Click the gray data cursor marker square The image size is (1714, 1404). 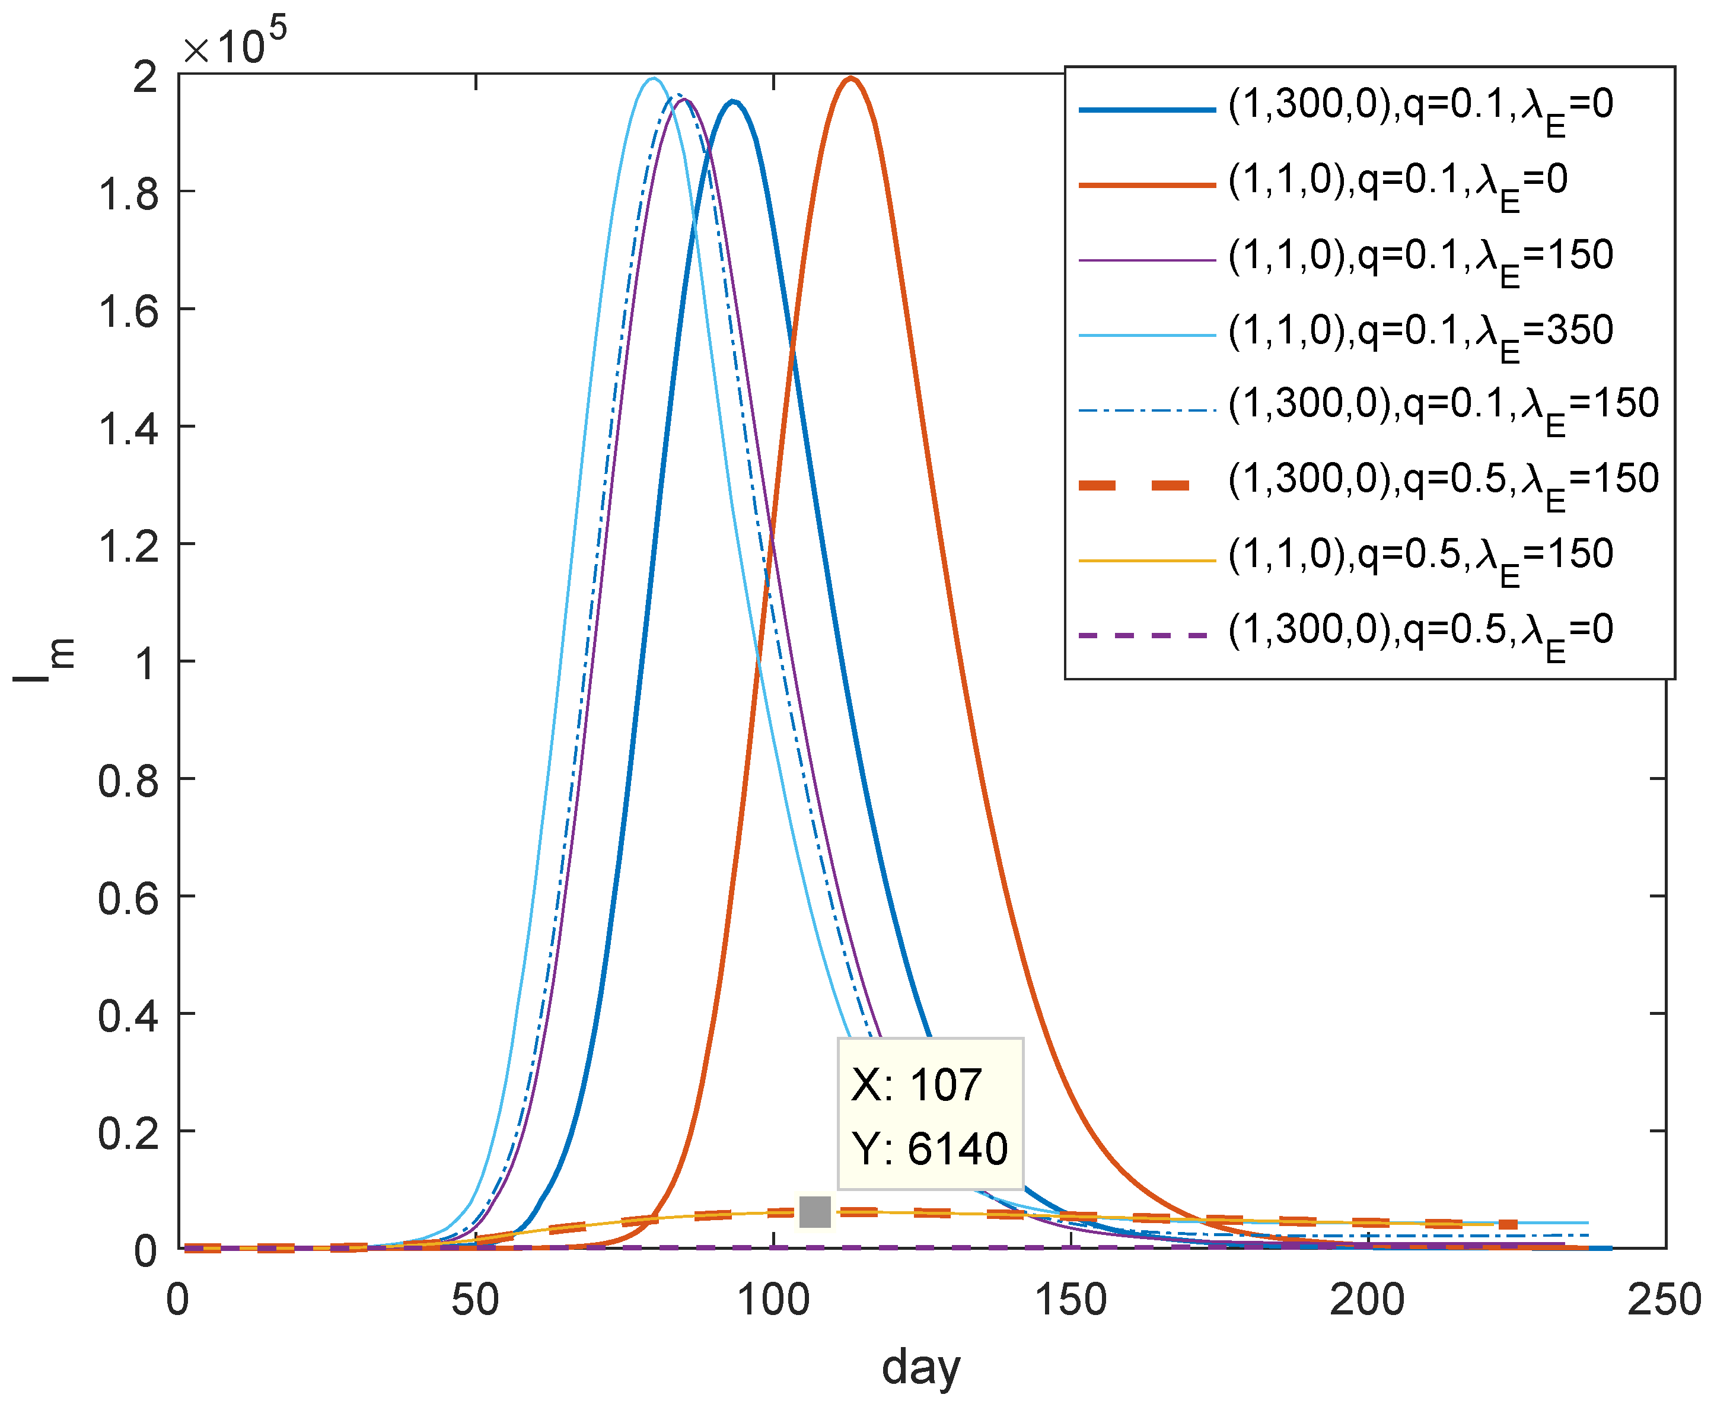814,1211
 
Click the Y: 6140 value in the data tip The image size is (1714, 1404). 930,1148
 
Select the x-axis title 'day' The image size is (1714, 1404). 921,1368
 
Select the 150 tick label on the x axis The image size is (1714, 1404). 1071,1300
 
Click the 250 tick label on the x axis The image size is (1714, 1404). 1664,1300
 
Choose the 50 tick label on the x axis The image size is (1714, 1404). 476,1300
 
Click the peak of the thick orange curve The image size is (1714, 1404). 850,78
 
